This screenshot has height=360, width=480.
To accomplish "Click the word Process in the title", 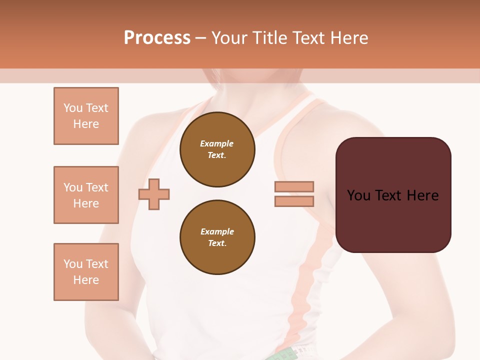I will point(157,38).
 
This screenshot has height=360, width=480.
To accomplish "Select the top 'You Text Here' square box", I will point(86,116).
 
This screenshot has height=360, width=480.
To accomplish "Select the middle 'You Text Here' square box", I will point(86,195).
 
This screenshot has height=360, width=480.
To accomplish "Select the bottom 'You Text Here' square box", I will point(86,271).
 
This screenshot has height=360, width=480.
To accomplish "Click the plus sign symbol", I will point(154,194).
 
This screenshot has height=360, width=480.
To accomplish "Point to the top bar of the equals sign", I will point(294,186).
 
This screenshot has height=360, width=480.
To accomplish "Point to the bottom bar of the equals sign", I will point(294,201).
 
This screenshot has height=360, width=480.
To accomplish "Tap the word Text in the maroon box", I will point(393,195).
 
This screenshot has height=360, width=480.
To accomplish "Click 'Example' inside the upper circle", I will point(216,143).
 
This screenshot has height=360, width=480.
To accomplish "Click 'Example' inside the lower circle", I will point(217,231).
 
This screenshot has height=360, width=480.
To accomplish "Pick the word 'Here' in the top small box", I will point(86,124).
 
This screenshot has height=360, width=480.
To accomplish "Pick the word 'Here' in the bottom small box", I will point(86,280).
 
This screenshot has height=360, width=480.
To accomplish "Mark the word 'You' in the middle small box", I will point(72,187).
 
